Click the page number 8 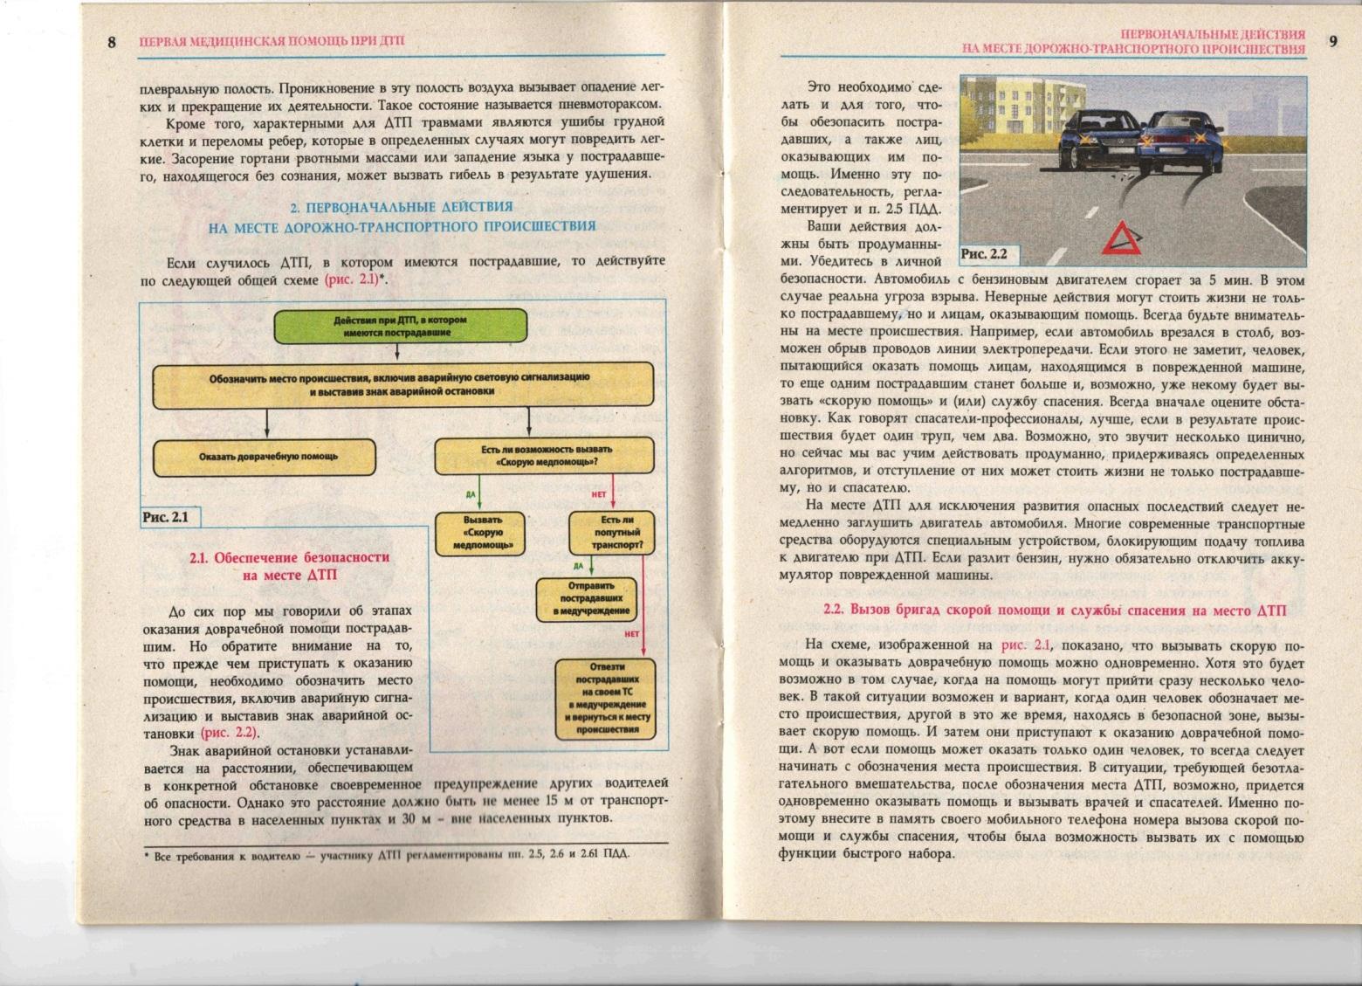click(x=112, y=41)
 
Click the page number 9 click(x=1332, y=41)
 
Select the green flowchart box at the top click(x=401, y=326)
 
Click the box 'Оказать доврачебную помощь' click(x=265, y=457)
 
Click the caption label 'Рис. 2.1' click(x=166, y=517)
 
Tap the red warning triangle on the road click(x=1121, y=238)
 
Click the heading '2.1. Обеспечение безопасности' click(x=289, y=557)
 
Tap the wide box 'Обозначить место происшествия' click(x=402, y=384)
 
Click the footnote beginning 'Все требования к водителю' click(x=386, y=856)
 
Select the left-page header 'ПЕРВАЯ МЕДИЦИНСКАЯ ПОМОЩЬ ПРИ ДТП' click(x=271, y=41)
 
